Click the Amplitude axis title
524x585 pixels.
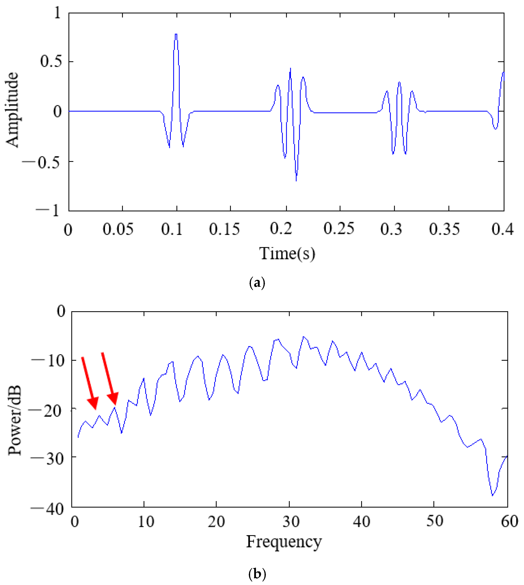point(12,110)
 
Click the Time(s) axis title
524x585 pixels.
point(287,254)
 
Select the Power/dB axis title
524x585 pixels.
point(14,420)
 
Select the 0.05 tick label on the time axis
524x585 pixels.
point(118,229)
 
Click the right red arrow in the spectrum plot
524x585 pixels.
point(109,379)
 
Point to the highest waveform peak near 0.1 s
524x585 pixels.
point(176,34)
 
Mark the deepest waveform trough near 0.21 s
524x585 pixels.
point(296,180)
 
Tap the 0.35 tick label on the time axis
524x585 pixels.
point(444,229)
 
